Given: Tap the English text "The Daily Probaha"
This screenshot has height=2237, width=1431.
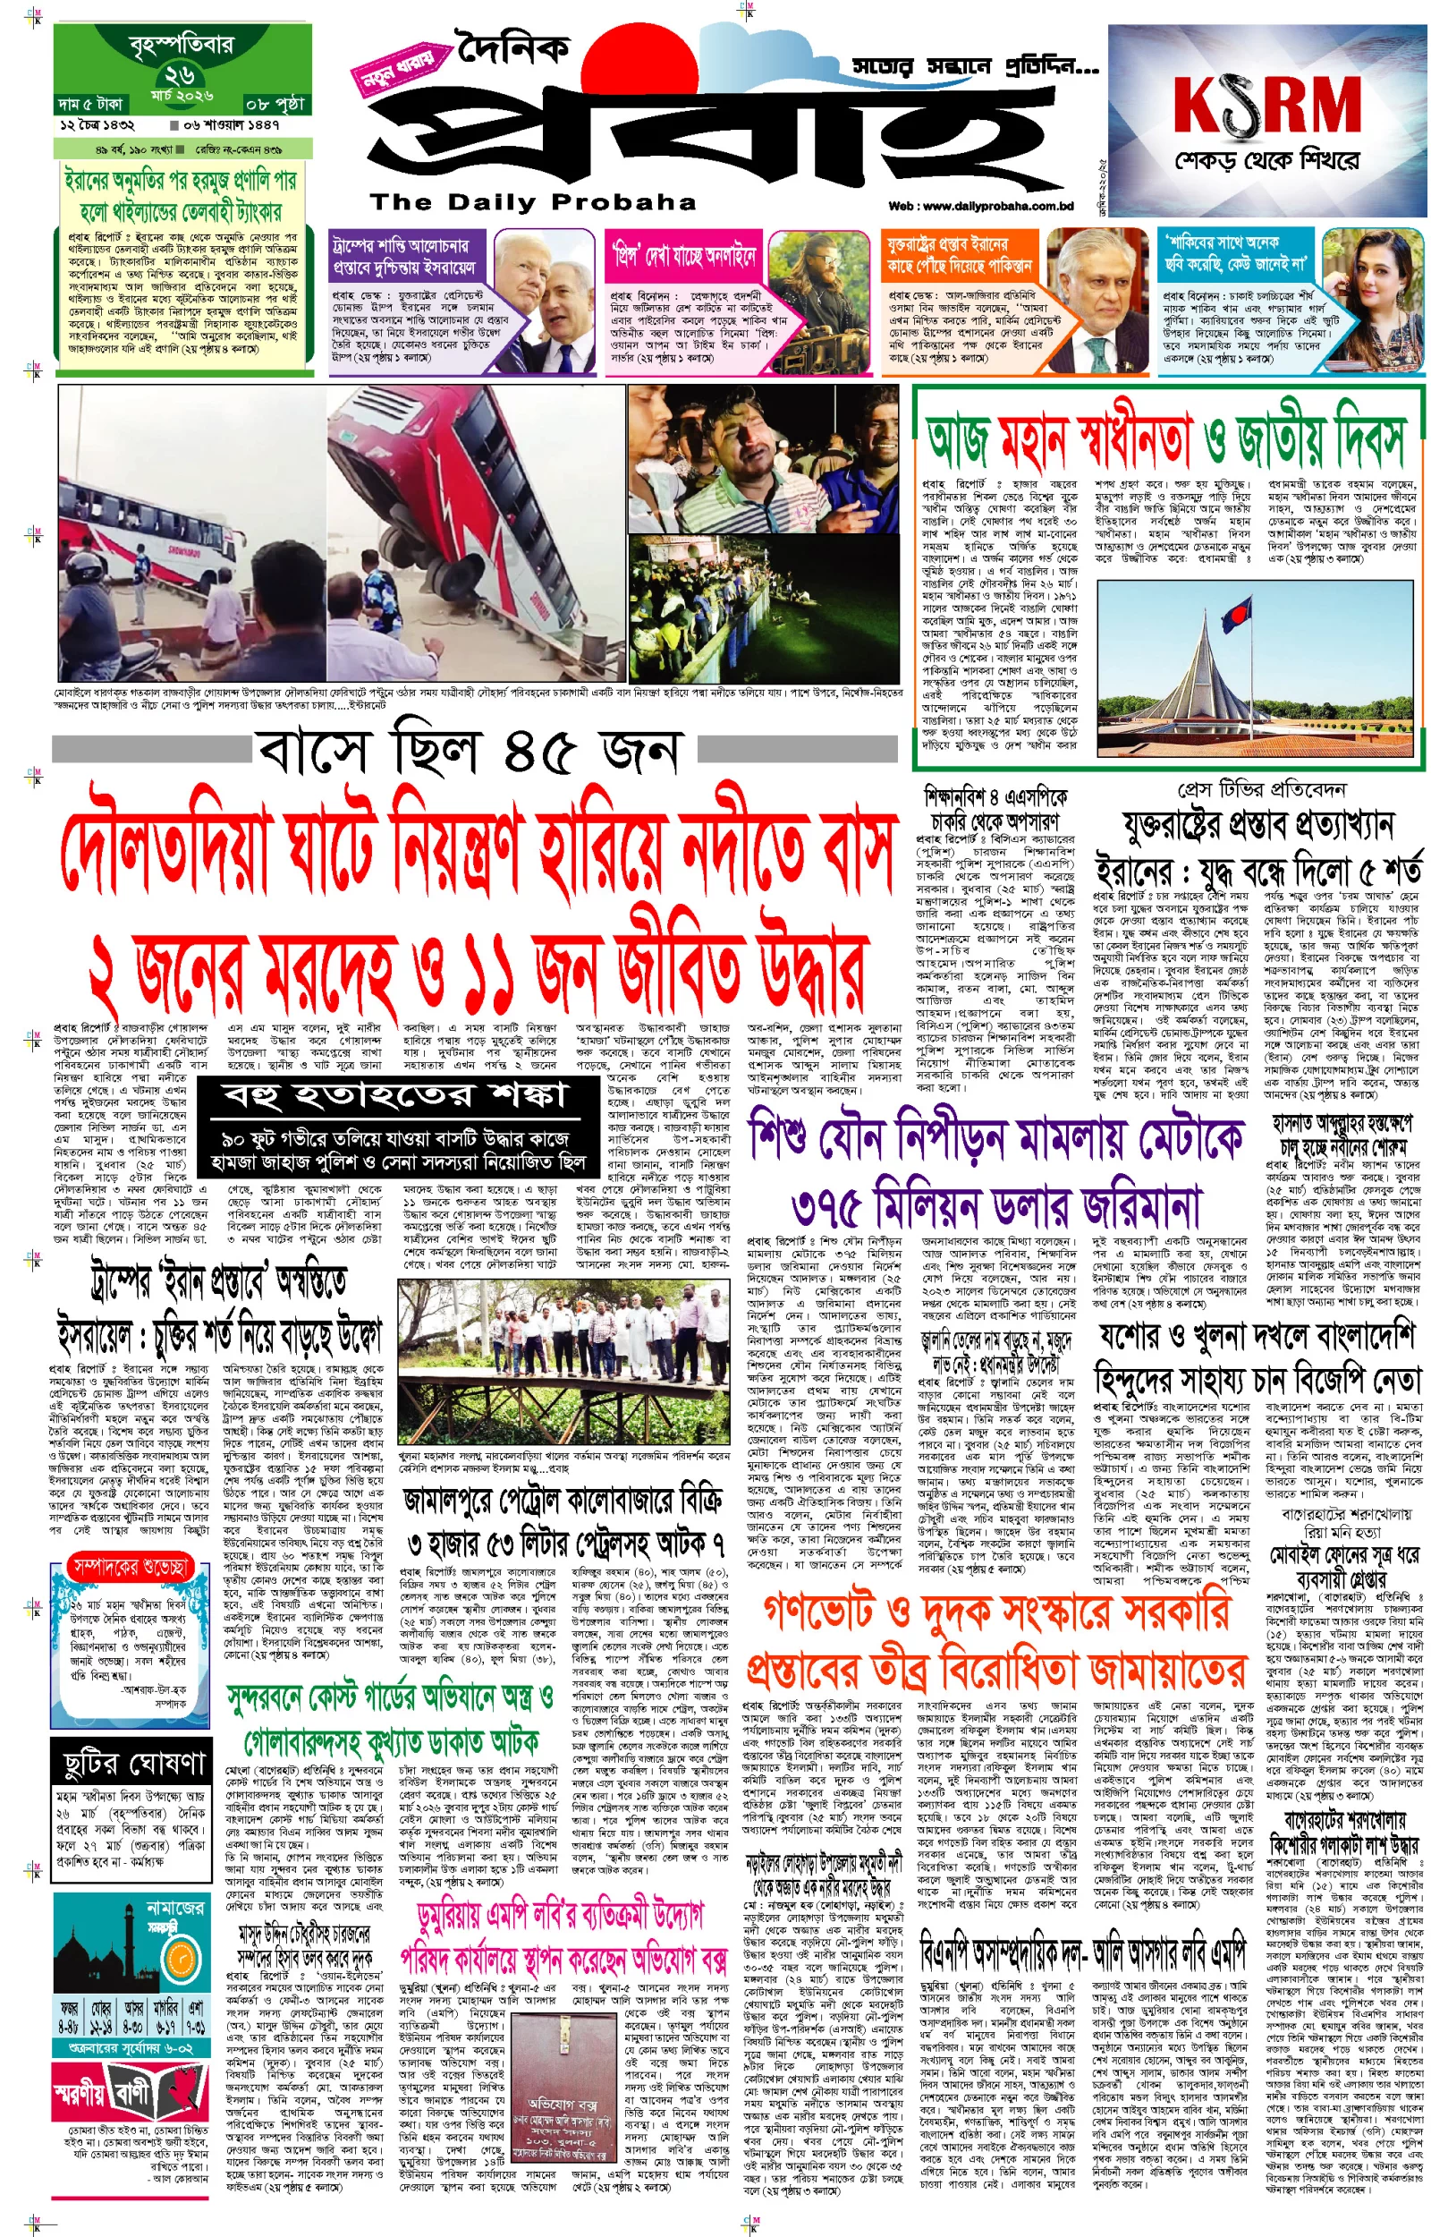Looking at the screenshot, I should click(531, 202).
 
